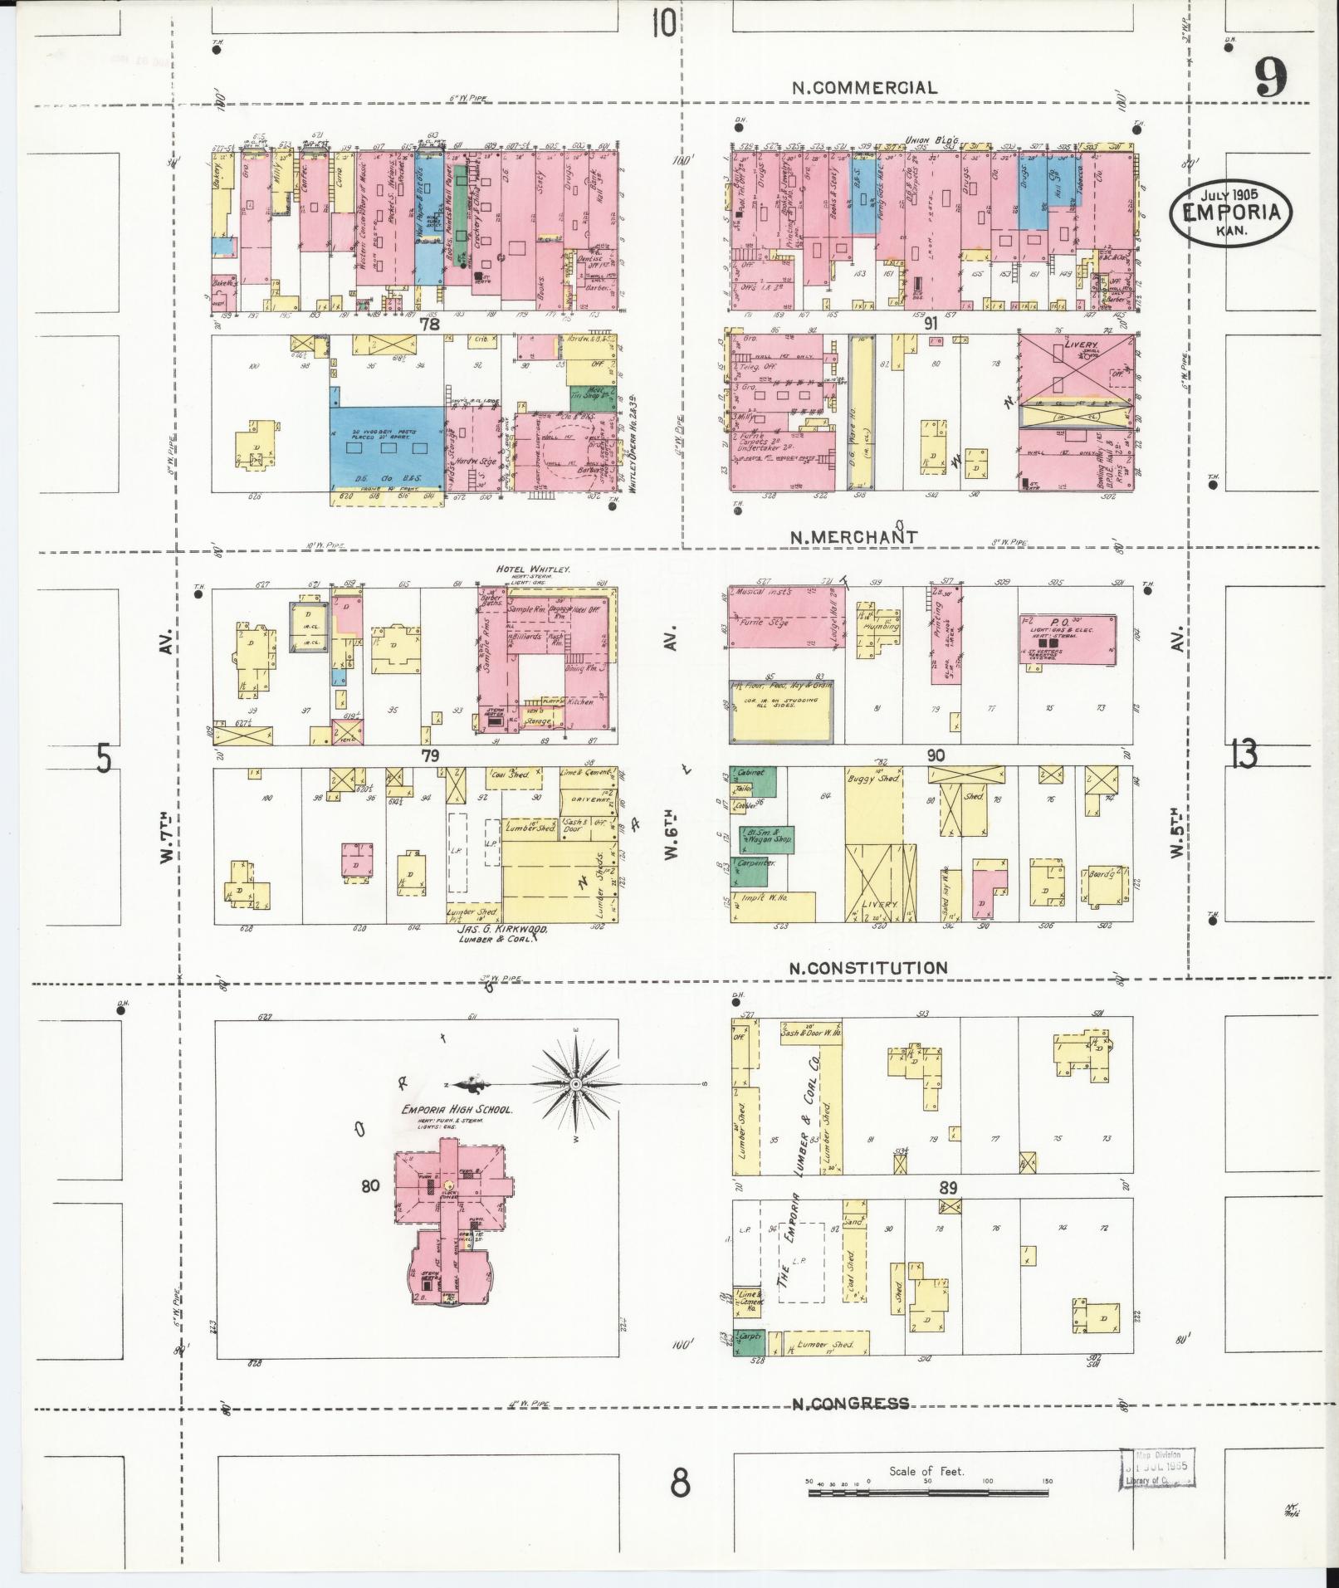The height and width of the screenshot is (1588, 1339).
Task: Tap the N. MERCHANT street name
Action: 853,537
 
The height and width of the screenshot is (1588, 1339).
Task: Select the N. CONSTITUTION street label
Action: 867,967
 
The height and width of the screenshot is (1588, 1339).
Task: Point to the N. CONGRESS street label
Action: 849,1404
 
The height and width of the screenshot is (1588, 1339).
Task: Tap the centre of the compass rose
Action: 575,1085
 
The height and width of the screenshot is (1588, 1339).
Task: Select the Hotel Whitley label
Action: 532,569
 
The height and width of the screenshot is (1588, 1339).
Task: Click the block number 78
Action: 429,325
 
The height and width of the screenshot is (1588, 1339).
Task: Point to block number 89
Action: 948,1187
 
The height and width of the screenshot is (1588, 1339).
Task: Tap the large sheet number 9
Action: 1270,81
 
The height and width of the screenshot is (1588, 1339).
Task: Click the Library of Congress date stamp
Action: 1156,1470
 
